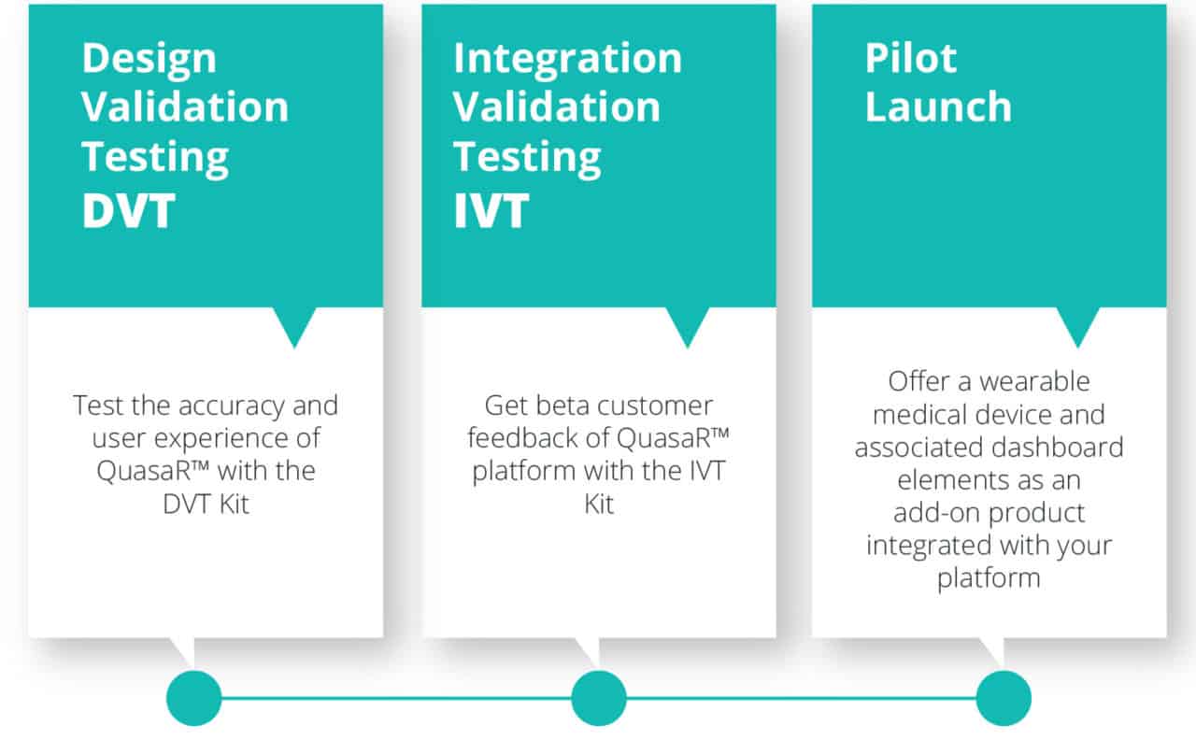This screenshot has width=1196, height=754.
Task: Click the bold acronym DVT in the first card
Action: coord(128,210)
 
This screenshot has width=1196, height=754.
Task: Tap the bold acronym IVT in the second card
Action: coord(491,210)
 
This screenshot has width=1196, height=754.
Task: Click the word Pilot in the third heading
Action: coord(910,58)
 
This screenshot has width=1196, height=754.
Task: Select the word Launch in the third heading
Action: coord(938,107)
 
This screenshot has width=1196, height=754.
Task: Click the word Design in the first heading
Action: coord(149,60)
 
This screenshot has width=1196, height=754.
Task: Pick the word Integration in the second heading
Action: coord(567,60)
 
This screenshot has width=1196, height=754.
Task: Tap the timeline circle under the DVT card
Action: coord(193,699)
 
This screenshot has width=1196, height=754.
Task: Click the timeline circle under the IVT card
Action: coord(599,699)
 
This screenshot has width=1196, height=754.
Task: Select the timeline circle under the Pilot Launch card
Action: coord(1004,699)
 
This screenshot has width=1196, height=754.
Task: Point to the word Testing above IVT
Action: coord(527,158)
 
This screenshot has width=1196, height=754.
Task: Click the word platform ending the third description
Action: coord(989,579)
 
